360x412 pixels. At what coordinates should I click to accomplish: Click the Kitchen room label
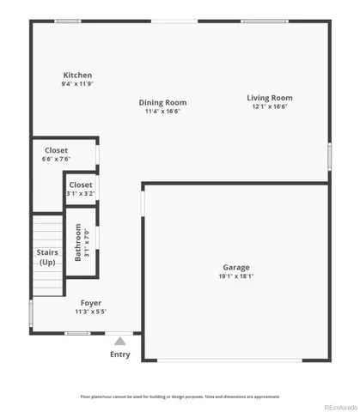(77, 76)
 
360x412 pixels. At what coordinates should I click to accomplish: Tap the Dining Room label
(163, 102)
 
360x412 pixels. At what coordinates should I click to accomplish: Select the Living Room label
(271, 98)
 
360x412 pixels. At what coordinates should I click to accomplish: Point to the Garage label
(236, 267)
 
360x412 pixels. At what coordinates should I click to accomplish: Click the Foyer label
(91, 303)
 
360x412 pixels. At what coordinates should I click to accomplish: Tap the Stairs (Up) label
(47, 257)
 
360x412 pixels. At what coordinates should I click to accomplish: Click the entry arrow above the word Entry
(120, 338)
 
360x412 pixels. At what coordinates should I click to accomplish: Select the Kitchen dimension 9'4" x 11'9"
(77, 84)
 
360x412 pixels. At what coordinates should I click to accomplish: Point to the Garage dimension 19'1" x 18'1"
(236, 276)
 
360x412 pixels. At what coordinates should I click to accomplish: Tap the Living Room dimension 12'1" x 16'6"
(271, 107)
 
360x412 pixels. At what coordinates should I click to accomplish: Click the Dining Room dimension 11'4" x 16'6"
(163, 111)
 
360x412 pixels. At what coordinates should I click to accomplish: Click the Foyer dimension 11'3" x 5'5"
(91, 312)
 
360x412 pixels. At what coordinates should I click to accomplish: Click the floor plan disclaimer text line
(180, 397)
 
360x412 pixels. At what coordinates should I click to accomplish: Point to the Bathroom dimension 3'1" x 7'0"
(87, 242)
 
